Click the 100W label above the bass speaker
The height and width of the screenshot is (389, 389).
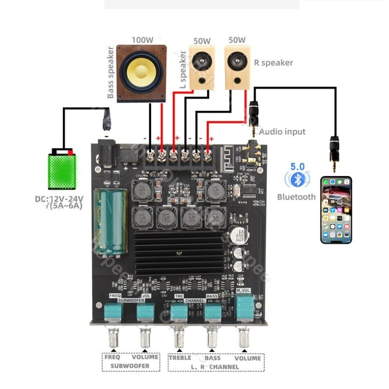click(142, 40)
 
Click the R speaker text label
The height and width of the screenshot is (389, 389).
click(273, 63)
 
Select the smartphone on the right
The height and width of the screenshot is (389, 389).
click(336, 210)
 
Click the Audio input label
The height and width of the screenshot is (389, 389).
click(282, 132)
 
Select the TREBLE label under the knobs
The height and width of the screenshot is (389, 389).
click(180, 357)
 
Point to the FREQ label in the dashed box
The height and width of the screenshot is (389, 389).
click(113, 357)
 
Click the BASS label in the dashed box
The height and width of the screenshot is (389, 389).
click(212, 358)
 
